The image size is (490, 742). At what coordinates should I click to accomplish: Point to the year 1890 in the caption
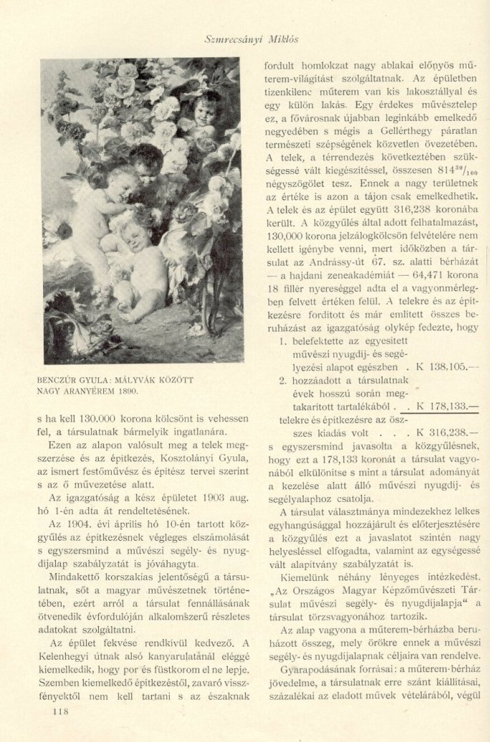tap(125, 391)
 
